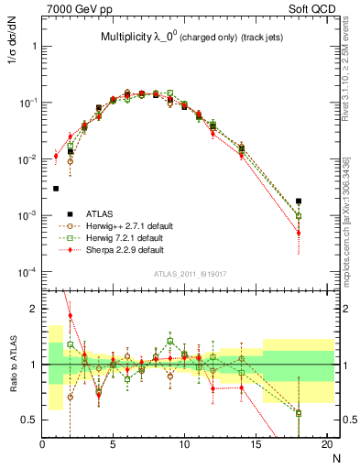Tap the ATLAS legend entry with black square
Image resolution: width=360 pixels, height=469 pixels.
tap(94, 213)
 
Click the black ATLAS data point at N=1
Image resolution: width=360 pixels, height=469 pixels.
tap(56, 189)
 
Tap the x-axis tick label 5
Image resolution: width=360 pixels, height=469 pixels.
tap(113, 445)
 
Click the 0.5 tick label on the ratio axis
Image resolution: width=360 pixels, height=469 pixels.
tap(28, 420)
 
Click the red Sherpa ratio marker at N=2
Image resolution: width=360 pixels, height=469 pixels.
tap(71, 316)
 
